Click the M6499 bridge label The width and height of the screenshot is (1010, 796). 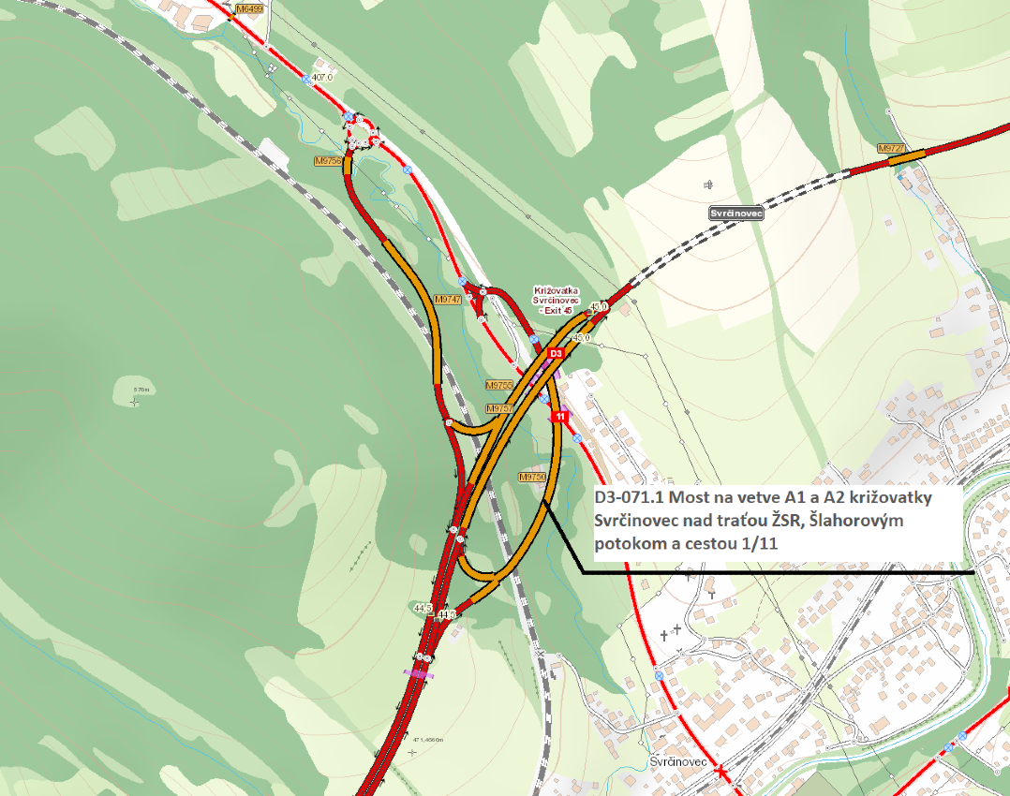(250, 7)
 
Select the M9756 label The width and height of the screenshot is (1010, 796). (327, 161)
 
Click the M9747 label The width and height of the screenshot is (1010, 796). (449, 300)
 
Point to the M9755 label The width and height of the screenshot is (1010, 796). (499, 385)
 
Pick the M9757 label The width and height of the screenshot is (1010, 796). (499, 409)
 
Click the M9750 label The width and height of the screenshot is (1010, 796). (531, 477)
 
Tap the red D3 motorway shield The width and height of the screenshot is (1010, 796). (555, 353)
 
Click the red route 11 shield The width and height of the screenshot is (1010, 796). (559, 416)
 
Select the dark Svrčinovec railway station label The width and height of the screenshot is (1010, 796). (737, 214)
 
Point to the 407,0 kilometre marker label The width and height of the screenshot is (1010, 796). (322, 77)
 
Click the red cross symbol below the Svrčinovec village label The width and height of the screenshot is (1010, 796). (720, 771)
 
